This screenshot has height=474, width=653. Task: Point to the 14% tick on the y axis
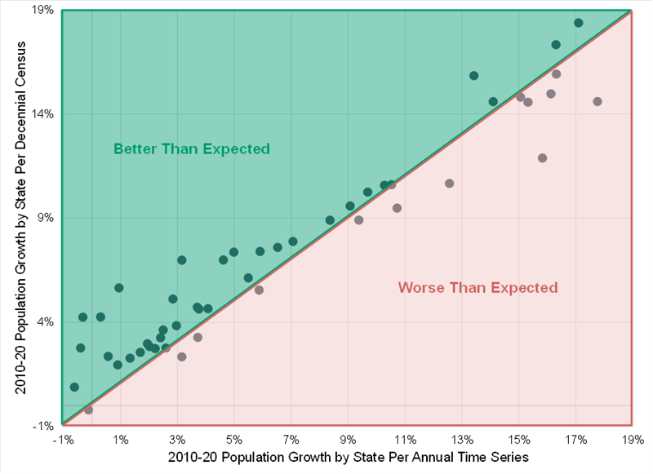[x=43, y=114]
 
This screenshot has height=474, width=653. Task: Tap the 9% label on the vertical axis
[x=46, y=218]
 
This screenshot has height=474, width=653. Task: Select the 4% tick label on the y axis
[x=46, y=321]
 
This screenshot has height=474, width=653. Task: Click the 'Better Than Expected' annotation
[x=191, y=149]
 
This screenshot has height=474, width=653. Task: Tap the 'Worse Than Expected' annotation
[x=478, y=287]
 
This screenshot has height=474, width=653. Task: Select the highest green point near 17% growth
[x=579, y=23]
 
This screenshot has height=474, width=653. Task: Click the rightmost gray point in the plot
[x=597, y=101]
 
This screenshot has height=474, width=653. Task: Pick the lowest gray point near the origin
[x=88, y=410]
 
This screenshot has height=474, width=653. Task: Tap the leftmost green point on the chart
[x=74, y=387]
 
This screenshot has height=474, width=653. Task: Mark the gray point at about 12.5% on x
[x=449, y=184]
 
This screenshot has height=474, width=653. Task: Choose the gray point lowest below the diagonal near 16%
[x=542, y=158]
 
